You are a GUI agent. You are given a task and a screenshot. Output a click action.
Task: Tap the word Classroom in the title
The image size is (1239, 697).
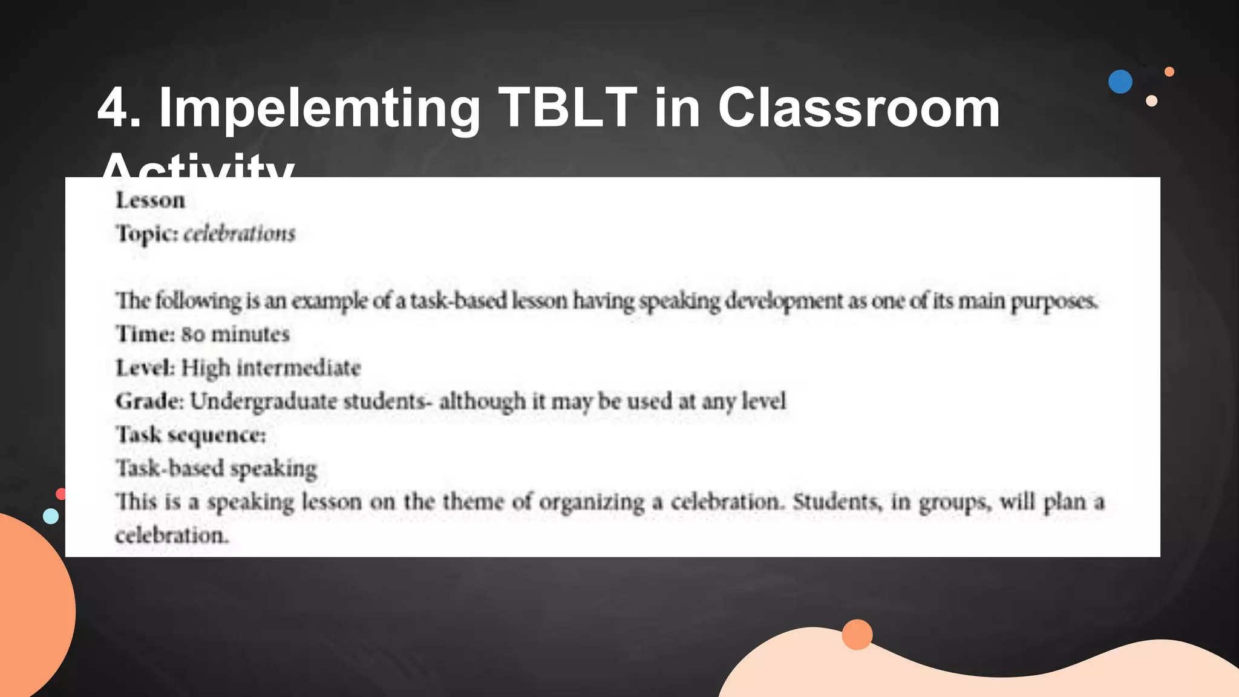[858, 108]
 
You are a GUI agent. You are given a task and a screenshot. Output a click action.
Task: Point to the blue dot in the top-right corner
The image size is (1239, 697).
[1120, 82]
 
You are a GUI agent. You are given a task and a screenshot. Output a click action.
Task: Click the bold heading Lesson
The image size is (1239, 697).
[150, 200]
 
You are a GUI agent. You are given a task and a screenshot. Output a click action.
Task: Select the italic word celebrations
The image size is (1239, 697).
[239, 234]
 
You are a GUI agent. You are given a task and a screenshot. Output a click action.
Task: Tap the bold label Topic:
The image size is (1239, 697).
[147, 234]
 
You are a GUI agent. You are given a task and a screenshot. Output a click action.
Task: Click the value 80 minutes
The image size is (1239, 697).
[235, 334]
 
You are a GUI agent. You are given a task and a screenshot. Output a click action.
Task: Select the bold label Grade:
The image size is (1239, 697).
[149, 401]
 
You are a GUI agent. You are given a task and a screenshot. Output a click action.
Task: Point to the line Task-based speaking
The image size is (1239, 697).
[216, 468]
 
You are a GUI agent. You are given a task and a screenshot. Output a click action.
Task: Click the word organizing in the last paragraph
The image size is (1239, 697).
[592, 502]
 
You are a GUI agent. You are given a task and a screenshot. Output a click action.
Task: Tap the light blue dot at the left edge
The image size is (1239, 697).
[51, 516]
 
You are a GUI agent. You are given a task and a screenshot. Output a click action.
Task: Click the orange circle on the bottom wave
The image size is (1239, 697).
[857, 635]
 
